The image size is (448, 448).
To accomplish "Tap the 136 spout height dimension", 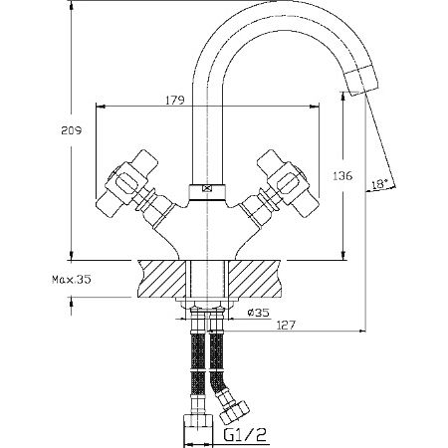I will click(341, 175).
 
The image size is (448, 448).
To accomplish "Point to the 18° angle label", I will click(378, 183).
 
